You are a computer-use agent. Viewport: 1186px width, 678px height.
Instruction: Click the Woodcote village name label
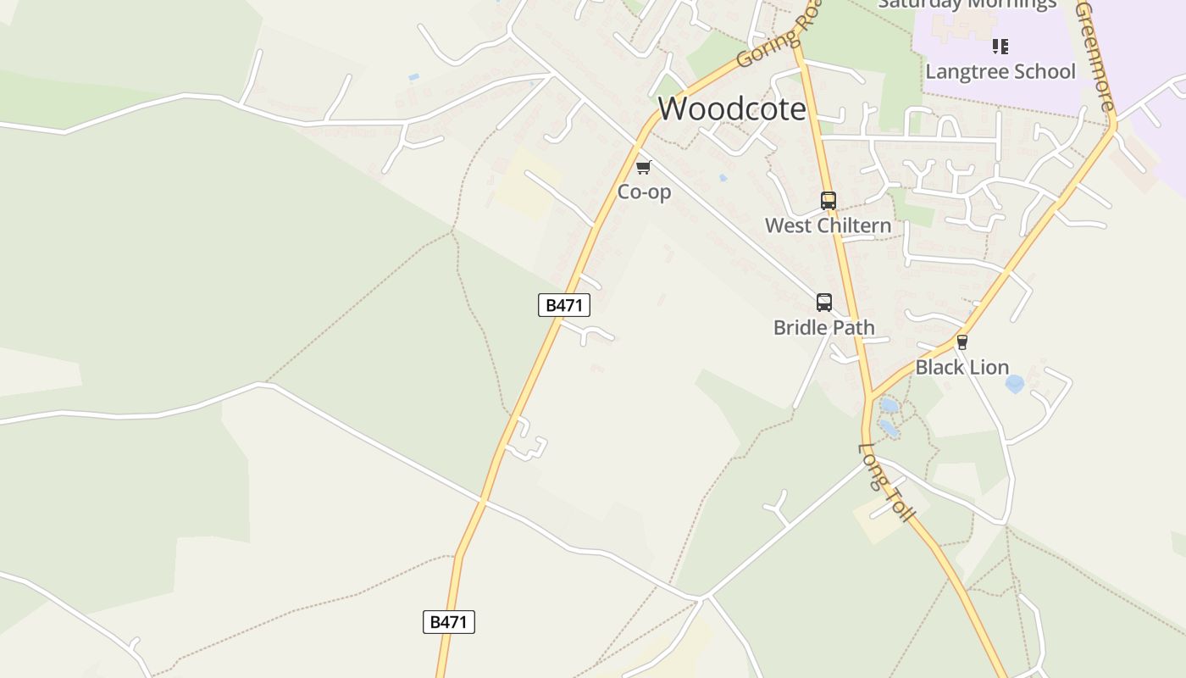point(732,108)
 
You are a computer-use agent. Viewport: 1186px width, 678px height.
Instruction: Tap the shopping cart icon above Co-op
point(644,167)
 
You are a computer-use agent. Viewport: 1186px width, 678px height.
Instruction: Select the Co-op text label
point(644,192)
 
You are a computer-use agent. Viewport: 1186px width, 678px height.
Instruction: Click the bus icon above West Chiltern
point(829,201)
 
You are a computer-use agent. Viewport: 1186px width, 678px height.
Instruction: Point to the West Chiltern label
point(828,225)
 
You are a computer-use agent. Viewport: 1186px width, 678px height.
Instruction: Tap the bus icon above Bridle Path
point(824,303)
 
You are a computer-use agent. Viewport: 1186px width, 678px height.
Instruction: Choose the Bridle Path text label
point(823,327)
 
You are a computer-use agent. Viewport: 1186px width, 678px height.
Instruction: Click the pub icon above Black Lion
point(962,342)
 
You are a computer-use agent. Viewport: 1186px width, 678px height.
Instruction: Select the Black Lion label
point(962,367)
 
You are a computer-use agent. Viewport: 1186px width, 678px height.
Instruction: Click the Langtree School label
point(1000,71)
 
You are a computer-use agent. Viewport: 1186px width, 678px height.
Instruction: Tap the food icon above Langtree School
point(1000,46)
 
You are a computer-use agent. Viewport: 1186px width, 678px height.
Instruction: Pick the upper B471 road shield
point(563,305)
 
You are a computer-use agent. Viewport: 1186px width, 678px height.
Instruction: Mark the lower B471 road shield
point(448,622)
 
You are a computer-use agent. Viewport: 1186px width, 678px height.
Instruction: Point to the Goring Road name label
point(779,38)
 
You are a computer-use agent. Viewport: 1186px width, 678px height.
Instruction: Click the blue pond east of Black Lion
point(1014,384)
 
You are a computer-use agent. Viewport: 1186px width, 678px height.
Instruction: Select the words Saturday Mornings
point(967,4)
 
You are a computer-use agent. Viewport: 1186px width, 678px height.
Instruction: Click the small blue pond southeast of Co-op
point(722,178)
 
